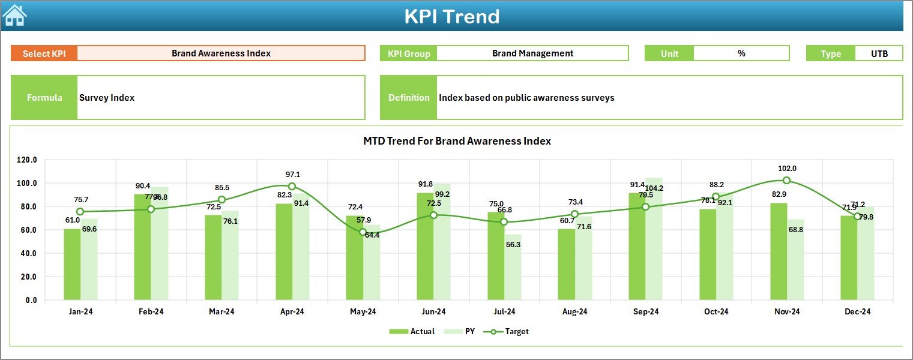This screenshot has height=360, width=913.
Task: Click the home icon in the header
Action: pyautogui.click(x=14, y=15)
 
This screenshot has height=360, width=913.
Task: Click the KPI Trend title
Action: pyautogui.click(x=451, y=16)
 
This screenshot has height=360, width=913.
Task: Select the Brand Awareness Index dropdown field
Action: pyautogui.click(x=221, y=53)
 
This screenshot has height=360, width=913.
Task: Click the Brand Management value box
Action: pyautogui.click(x=532, y=53)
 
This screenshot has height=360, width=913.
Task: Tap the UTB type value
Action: pyautogui.click(x=879, y=53)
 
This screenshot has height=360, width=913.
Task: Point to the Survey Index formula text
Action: pyautogui.click(x=107, y=98)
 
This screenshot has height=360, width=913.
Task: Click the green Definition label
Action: pyautogui.click(x=409, y=98)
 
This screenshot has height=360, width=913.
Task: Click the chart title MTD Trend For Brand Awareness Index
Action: pyautogui.click(x=457, y=141)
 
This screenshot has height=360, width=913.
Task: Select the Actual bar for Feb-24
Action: pyautogui.click(x=143, y=247)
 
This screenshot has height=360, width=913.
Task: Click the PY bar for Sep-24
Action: pyautogui.click(x=654, y=239)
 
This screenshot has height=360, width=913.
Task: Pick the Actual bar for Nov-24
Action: pyautogui.click(x=779, y=252)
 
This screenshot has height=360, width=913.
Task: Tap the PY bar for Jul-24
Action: pyautogui.click(x=513, y=267)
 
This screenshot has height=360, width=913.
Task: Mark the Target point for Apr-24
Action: pyautogui.click(x=292, y=187)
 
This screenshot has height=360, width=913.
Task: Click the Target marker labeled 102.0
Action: pyautogui.click(x=786, y=181)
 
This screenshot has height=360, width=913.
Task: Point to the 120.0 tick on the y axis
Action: pyautogui.click(x=27, y=160)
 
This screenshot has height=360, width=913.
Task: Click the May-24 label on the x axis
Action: pyautogui.click(x=363, y=312)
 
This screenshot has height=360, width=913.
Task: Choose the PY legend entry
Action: pyautogui.click(x=462, y=331)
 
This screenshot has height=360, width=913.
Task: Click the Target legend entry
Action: pyautogui.click(x=510, y=331)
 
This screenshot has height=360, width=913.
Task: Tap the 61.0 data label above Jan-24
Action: pyautogui.click(x=72, y=220)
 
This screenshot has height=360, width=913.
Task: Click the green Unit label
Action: pyautogui.click(x=669, y=53)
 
